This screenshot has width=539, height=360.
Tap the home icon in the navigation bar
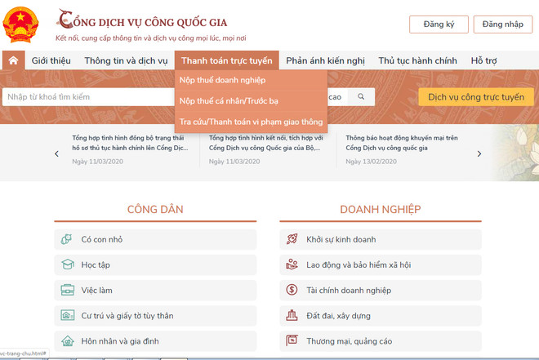pos(13,60)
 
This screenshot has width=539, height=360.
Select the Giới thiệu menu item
pos(51,60)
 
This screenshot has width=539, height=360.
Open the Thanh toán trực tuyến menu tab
pos(226,60)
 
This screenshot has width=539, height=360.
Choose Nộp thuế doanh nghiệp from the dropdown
pos(222,80)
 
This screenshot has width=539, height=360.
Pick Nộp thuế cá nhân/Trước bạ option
pos(229,100)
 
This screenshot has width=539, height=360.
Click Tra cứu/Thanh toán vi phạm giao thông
pos(251,122)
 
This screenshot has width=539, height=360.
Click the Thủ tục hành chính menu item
pos(416,60)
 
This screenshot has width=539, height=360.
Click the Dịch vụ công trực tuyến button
pos(475,97)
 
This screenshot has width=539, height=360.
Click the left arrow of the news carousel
pos(56,153)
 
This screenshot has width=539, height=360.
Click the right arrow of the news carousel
pos(479,153)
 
